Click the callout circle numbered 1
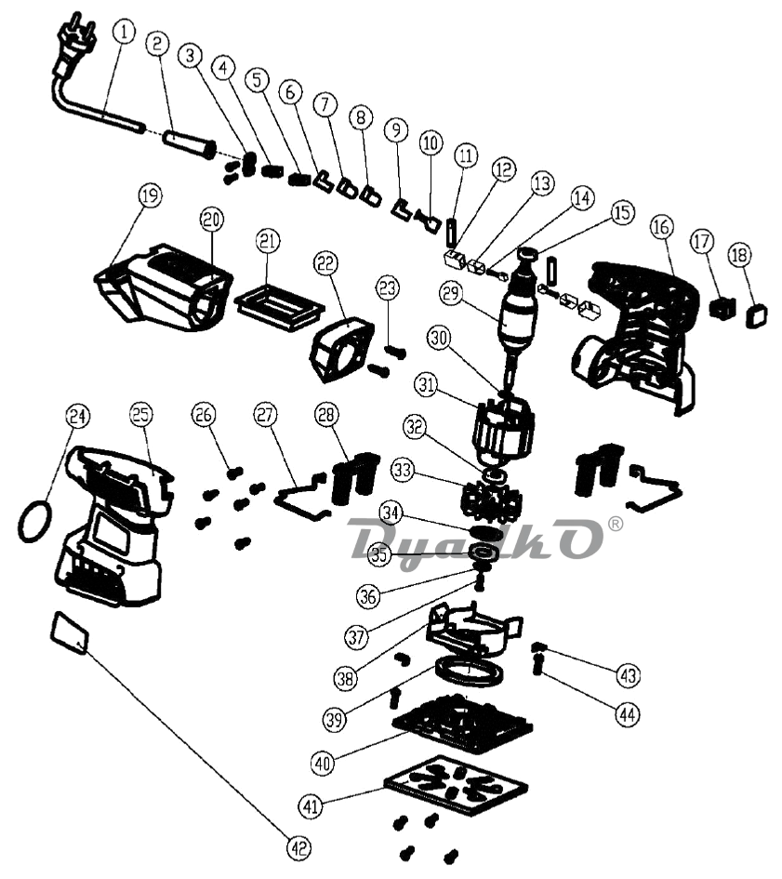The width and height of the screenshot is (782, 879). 124,32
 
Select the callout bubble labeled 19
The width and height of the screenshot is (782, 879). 150,195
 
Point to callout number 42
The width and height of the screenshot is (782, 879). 298,847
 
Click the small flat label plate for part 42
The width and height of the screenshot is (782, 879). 70,632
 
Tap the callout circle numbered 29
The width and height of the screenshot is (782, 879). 451,293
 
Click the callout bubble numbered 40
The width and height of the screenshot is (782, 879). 323,763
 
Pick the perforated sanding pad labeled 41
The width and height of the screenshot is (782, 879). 456,785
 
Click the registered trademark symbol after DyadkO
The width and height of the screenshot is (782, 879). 615,524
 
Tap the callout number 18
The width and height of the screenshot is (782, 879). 739,255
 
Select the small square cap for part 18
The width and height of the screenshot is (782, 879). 756,316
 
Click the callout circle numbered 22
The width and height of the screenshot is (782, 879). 326,263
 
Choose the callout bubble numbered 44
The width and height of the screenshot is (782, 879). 628,714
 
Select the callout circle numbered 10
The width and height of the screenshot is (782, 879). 431,143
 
